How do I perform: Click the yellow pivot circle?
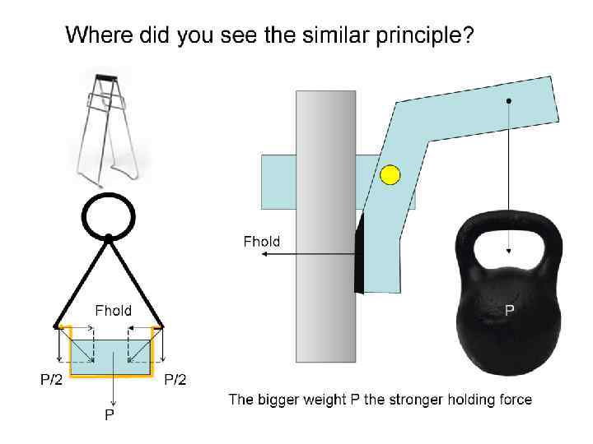(390, 175)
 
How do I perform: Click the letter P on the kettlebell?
(510, 310)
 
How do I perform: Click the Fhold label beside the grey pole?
(262, 241)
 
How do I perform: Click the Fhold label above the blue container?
(113, 310)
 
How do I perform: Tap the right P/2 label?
(175, 379)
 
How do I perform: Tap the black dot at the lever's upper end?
(509, 101)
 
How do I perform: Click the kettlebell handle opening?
(509, 243)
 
